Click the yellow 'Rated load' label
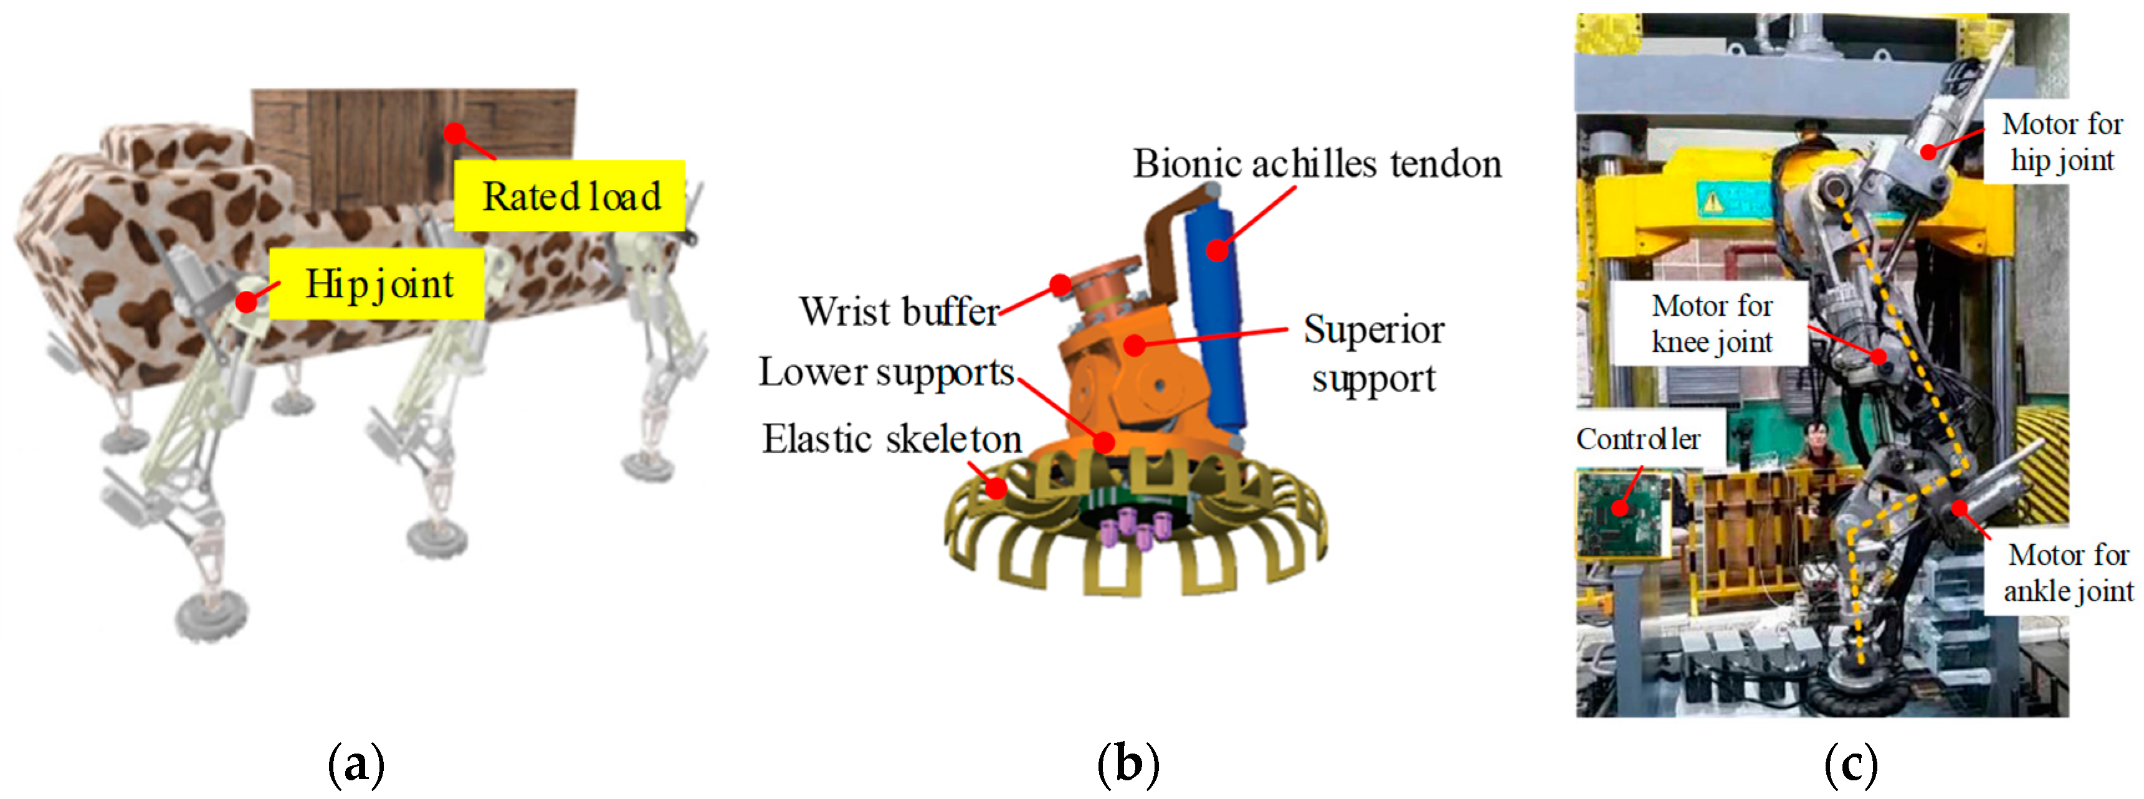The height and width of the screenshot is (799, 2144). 570,196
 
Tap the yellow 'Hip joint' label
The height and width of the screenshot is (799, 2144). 377,284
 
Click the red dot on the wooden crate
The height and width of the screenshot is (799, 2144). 454,132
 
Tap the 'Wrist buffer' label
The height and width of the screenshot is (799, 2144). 899,312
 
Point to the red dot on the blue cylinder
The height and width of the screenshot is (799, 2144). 1217,250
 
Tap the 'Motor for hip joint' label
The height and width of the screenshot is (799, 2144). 2062,141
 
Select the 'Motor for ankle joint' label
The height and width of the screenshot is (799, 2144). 2067,572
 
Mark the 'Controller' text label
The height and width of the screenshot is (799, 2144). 1637,438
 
